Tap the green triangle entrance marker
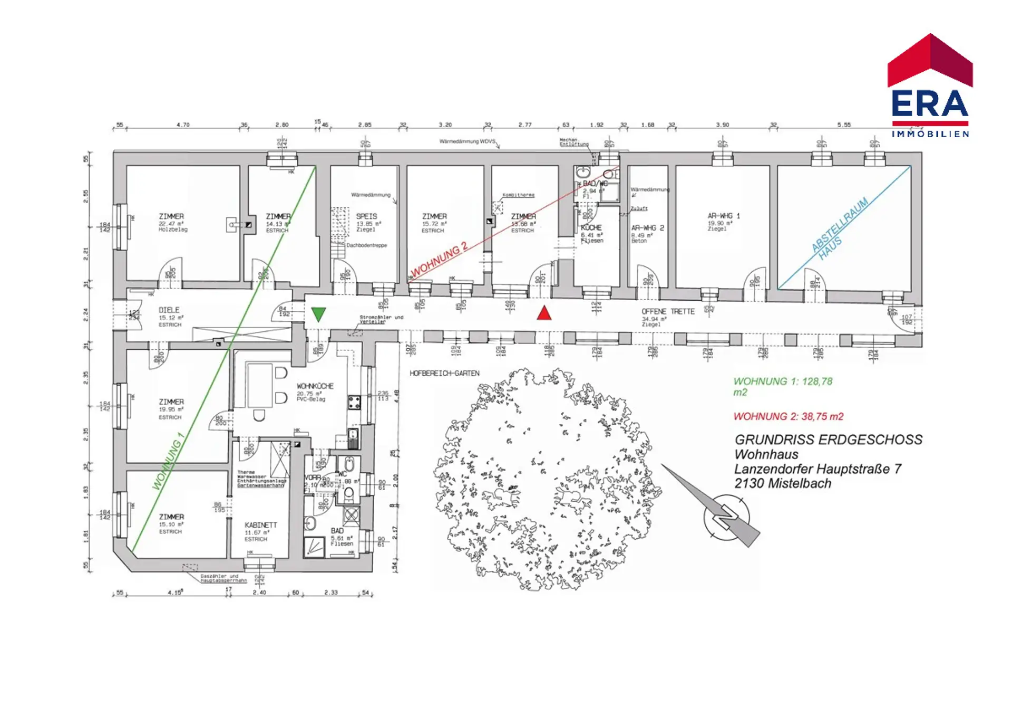click(318, 314)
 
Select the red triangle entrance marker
click(544, 313)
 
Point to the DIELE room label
click(169, 310)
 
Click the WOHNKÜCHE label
click(315, 386)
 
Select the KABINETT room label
click(260, 525)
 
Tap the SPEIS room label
click(366, 216)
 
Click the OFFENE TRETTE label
click(668, 312)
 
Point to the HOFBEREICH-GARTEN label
click(444, 374)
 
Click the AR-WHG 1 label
click(723, 216)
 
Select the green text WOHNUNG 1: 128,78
click(783, 381)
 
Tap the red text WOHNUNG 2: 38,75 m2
click(788, 416)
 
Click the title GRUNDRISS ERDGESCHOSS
click(828, 440)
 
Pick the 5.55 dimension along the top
click(844, 125)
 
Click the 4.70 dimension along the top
click(183, 125)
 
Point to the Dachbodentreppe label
click(366, 245)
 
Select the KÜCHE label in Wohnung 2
click(591, 227)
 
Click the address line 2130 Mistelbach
click(782, 483)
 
